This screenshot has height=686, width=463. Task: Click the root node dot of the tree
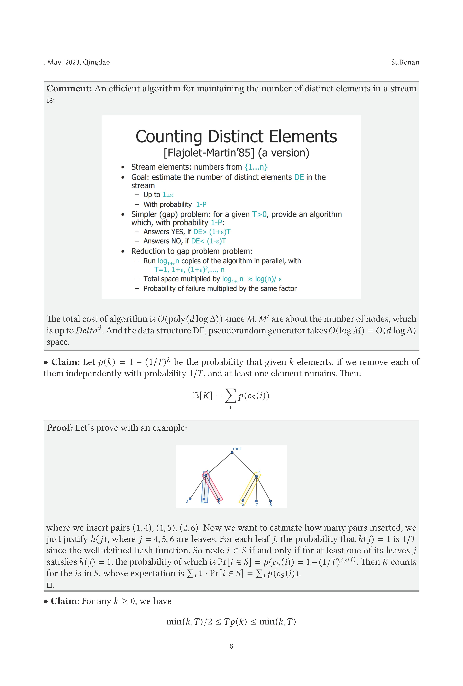pyautogui.click(x=232, y=453)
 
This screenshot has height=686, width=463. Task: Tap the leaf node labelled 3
pyautogui.click(x=190, y=499)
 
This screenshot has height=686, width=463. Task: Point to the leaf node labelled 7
pyautogui.click(x=256, y=501)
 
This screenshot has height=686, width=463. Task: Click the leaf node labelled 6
pyautogui.click(x=243, y=500)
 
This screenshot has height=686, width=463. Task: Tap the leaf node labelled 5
pyautogui.click(x=219, y=499)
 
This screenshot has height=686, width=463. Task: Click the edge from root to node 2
pyautogui.click(x=244, y=464)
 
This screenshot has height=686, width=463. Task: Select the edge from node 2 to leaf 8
pyautogui.click(x=263, y=489)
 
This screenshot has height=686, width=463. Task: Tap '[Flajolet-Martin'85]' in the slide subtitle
pyautogui.click(x=209, y=153)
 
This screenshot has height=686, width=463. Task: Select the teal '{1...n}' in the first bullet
pyautogui.click(x=256, y=167)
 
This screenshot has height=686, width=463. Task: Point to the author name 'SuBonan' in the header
pyautogui.click(x=405, y=62)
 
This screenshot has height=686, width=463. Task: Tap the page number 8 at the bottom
pyautogui.click(x=231, y=646)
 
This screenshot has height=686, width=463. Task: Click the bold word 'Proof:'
pyautogui.click(x=60, y=428)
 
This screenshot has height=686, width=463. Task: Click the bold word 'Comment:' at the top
pyautogui.click(x=69, y=89)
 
